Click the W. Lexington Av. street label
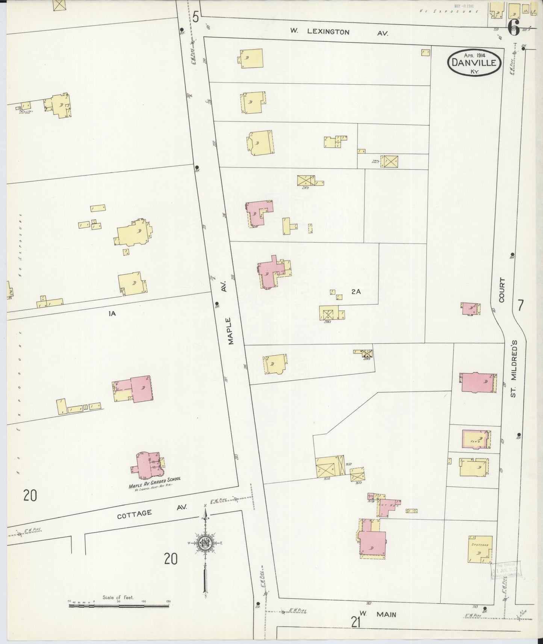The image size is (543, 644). click(x=338, y=32)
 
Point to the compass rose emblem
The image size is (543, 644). click(x=205, y=543)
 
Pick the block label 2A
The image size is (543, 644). click(x=356, y=291)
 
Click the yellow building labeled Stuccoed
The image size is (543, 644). click(x=480, y=549)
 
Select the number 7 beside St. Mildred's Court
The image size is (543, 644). click(x=520, y=305)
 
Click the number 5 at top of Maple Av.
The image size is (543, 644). click(x=195, y=17)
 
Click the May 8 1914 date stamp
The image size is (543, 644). click(x=463, y=6)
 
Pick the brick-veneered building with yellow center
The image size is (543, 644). click(x=476, y=439)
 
